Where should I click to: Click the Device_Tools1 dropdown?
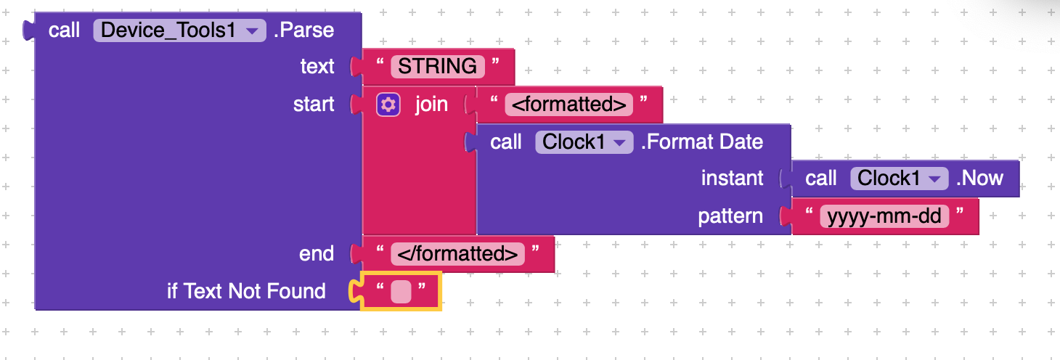tap(179, 30)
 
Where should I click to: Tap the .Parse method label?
tap(303, 30)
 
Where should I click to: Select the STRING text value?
tap(437, 66)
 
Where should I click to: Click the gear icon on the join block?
tap(388, 105)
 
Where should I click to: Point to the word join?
tap(431, 105)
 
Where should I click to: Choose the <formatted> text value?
tap(568, 105)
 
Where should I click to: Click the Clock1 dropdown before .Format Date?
tap(584, 142)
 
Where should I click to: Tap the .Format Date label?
tap(702, 142)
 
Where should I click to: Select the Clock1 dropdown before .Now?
tap(899, 179)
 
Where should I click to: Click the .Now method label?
tap(979, 179)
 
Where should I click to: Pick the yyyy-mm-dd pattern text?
tap(884, 216)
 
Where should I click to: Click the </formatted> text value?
tap(457, 254)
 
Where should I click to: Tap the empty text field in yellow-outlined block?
tap(401, 291)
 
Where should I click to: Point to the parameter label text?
tap(317, 66)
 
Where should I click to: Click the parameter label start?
tap(313, 105)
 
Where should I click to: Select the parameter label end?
tap(316, 254)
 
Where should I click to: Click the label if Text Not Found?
tap(246, 291)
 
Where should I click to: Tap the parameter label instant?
tap(732, 179)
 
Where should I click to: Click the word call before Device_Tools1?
tap(64, 30)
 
